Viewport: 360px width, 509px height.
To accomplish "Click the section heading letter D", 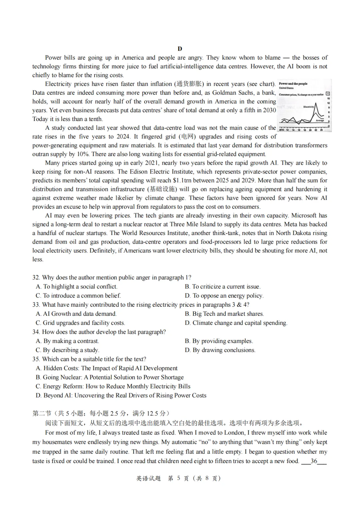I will (180, 49).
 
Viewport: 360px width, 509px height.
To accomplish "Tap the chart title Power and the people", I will (293, 84).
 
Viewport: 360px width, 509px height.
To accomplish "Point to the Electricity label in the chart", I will (308, 107).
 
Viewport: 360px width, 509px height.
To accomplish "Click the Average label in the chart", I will (320, 120).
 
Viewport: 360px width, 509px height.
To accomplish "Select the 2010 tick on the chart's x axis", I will (282, 130).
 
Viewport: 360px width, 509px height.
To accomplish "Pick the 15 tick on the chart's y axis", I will (329, 99).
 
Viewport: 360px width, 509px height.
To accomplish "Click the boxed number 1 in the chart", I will (328, 94).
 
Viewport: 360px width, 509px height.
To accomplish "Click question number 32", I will (36, 277).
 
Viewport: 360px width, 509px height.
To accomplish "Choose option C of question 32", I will (78, 296).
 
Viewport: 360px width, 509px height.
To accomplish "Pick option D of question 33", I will (236, 323).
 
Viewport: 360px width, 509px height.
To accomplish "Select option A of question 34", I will (67, 341).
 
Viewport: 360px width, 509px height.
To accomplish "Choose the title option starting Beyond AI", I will (121, 395).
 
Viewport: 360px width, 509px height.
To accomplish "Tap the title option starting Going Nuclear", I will (110, 377).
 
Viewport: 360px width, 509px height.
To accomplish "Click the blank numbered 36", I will (314, 461).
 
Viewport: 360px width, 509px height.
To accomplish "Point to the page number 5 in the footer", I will (178, 478).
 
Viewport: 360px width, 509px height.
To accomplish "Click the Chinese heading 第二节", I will (42, 413).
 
